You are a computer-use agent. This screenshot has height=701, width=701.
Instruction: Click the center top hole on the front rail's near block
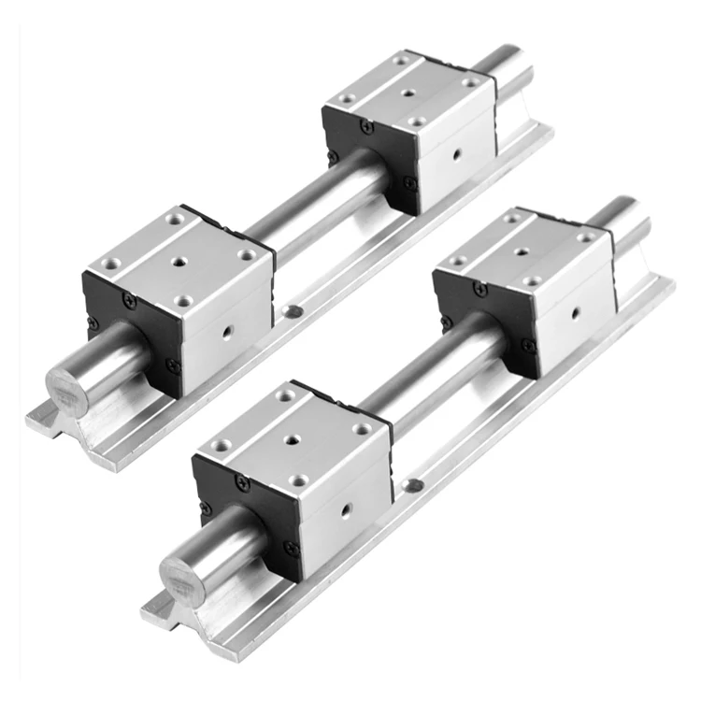pyautogui.click(x=293, y=437)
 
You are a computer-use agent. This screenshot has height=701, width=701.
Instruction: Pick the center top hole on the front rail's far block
pyautogui.click(x=520, y=251)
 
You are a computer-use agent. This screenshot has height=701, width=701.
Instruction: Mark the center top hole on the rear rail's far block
pyautogui.click(x=408, y=93)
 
